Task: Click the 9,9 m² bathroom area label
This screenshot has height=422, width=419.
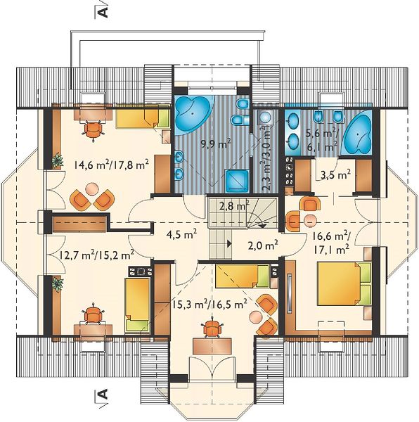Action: (x=217, y=144)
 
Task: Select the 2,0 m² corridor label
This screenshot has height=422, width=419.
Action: (x=262, y=245)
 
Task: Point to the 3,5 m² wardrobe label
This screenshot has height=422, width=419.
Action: (x=335, y=175)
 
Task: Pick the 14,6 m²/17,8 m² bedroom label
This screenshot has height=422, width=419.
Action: (x=112, y=165)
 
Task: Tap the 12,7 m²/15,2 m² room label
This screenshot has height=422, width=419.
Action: (x=96, y=254)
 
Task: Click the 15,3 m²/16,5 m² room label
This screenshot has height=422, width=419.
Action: (x=209, y=305)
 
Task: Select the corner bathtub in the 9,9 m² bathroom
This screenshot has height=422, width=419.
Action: (x=193, y=113)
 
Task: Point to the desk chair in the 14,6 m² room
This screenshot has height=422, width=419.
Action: (x=94, y=129)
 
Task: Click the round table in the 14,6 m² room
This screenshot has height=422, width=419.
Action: (x=91, y=188)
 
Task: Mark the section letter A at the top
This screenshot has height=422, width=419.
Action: (x=104, y=11)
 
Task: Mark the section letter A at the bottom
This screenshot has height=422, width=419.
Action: (x=104, y=394)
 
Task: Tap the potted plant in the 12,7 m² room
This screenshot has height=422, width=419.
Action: (x=58, y=284)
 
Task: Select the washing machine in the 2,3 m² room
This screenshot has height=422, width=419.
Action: (x=265, y=117)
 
